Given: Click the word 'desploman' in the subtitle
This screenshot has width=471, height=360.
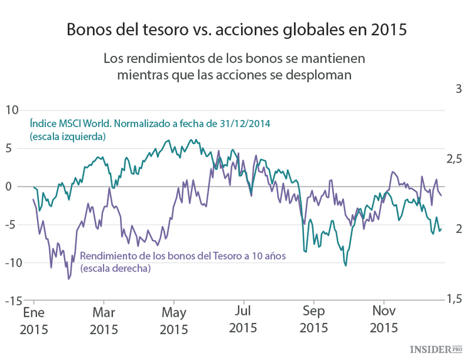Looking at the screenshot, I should click(x=317, y=74).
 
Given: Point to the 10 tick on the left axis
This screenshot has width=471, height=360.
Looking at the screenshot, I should click(x=12, y=111).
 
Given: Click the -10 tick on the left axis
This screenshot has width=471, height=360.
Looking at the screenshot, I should click(x=11, y=263).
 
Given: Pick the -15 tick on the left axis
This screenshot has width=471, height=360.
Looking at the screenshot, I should click(x=11, y=301).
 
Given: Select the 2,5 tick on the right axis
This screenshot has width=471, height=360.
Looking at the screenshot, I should click(x=453, y=158).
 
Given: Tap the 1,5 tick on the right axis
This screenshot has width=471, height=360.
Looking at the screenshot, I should click(x=453, y=299).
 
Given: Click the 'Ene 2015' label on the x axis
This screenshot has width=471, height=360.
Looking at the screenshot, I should click(x=34, y=319).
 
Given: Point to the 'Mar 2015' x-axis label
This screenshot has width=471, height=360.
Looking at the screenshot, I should click(x=104, y=319).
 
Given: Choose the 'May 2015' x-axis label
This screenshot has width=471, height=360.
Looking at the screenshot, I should click(x=174, y=319).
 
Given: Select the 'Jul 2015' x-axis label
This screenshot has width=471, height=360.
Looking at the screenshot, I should click(x=243, y=319).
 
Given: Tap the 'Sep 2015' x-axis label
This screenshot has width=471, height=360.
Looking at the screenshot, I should click(x=313, y=319).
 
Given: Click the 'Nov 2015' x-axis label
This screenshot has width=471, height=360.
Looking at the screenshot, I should click(x=383, y=319).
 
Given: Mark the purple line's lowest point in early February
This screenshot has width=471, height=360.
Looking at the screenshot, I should click(x=68, y=278).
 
